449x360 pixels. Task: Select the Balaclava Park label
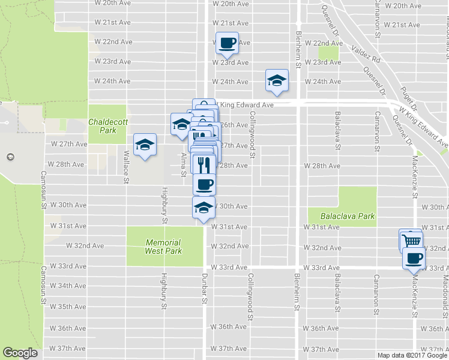[x=342, y=216]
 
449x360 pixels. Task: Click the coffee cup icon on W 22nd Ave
[x=227, y=43]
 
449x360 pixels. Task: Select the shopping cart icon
[x=412, y=241]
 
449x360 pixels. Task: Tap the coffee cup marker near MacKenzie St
[x=414, y=259]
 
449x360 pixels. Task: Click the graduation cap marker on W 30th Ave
[x=203, y=208]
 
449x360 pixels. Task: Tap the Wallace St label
[x=126, y=166]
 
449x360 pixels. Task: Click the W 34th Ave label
[x=69, y=286]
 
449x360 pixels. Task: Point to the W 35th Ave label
[x=69, y=307]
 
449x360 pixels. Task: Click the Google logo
[x=20, y=353]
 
